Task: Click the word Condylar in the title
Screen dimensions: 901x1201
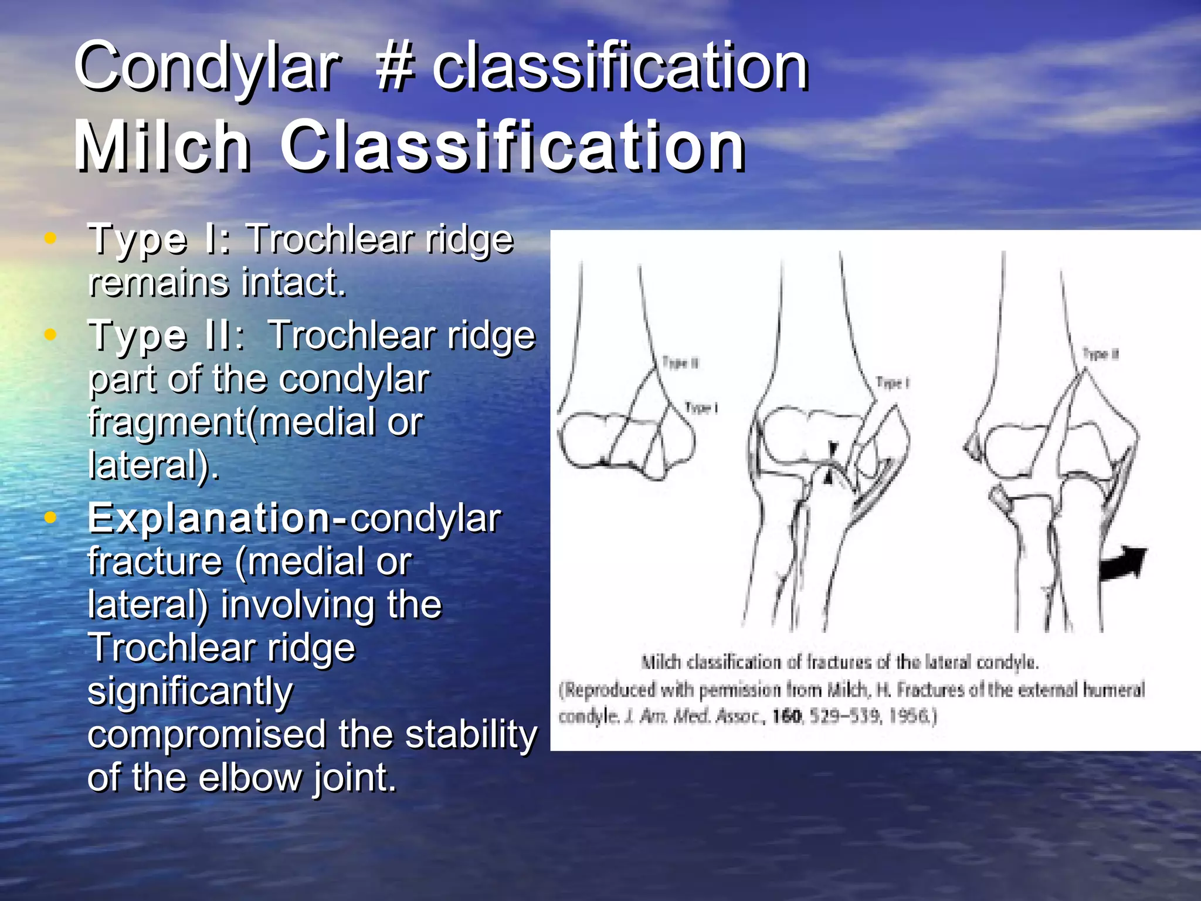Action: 206,67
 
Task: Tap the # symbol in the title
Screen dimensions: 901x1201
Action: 396,67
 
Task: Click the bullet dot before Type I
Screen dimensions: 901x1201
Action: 51,238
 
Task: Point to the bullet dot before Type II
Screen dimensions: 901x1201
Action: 51,334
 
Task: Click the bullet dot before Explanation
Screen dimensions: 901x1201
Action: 51,517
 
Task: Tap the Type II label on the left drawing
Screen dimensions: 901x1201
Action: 680,363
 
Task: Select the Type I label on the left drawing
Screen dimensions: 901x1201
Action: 701,408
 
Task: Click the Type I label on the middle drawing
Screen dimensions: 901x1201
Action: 892,383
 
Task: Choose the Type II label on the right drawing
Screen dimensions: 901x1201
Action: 1101,354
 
